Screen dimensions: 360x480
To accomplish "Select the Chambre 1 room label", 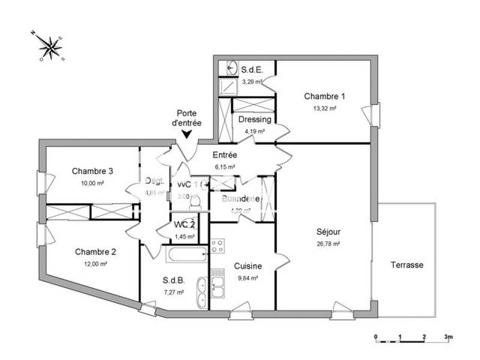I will pos(325,96).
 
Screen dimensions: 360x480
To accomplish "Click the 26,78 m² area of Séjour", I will pos(329,244).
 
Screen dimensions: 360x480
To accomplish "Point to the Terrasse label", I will pos(407,265).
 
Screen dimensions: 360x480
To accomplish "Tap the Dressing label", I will pos(254,119).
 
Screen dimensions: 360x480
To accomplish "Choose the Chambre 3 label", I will pos(92,171).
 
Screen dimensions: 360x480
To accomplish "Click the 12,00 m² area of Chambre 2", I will pos(95,264).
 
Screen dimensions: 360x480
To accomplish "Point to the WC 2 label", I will pos(184,225).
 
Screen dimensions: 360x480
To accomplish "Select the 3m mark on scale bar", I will pos(448,337).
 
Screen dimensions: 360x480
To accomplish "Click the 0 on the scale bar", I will pos(375,337).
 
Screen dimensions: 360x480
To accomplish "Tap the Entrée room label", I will pos(224,155).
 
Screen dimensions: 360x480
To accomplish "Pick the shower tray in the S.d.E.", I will pos(227,88).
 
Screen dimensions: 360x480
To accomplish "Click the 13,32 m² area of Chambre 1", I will pos(325,109).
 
